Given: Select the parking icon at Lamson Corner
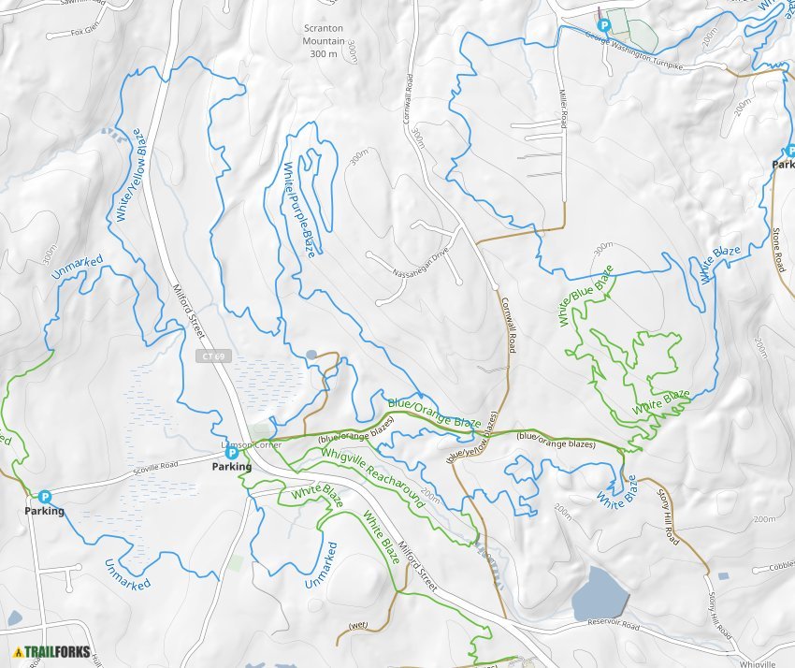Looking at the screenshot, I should coord(232,453).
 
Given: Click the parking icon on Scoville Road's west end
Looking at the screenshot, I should coord(44,497).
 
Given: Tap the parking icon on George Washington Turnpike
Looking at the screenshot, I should coord(604,26).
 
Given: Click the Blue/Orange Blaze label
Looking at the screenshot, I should coord(434,413).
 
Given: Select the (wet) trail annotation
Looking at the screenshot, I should coord(357,625).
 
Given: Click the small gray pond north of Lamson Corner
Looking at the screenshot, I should coord(311,355).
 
